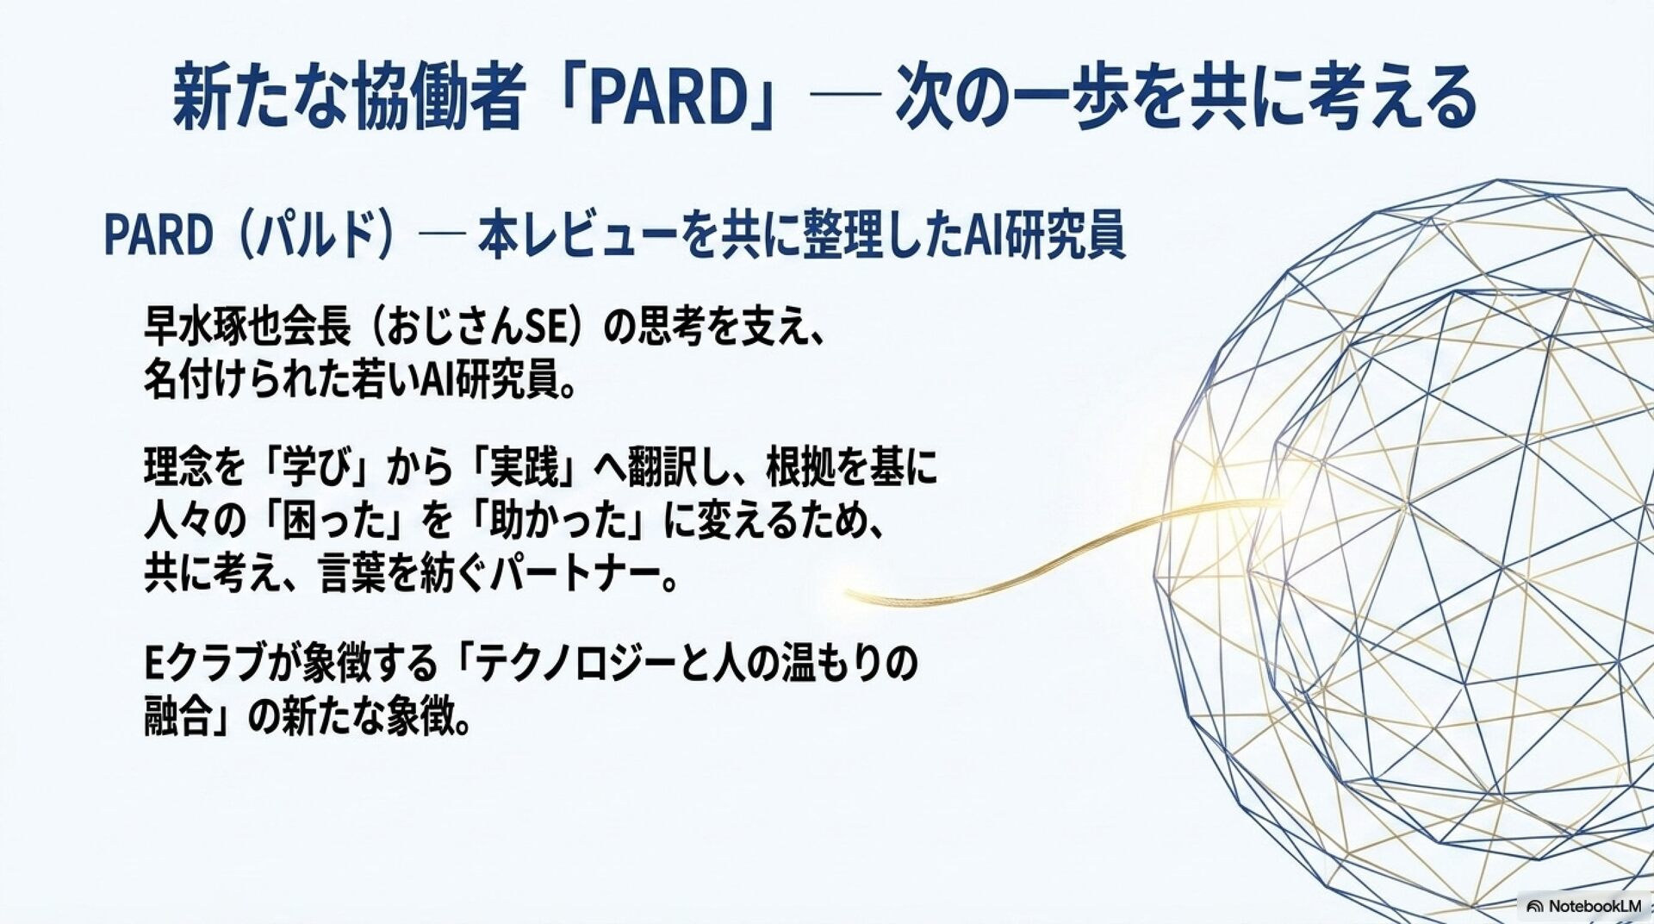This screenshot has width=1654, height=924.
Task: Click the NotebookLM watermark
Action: click(1583, 906)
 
